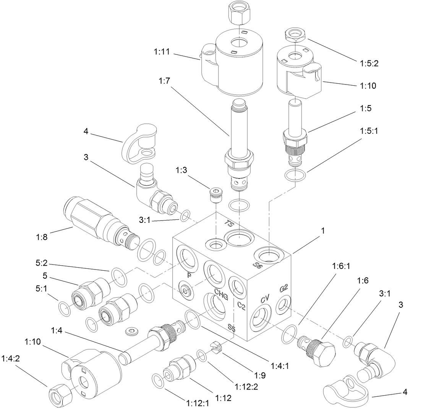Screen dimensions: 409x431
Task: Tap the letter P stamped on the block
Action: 189,275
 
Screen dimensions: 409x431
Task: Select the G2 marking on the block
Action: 284,289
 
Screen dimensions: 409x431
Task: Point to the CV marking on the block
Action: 265,299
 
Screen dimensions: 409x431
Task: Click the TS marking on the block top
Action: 228,224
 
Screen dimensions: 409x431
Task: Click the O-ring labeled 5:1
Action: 65,308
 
